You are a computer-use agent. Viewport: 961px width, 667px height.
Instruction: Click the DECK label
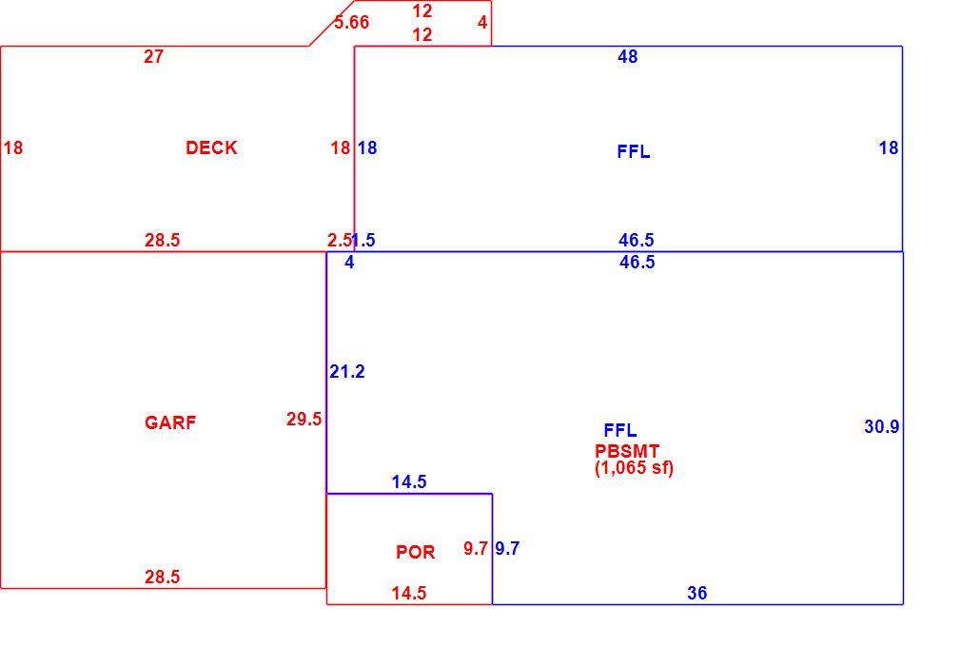[x=211, y=147]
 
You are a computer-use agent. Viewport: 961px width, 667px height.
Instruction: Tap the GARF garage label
[x=170, y=422]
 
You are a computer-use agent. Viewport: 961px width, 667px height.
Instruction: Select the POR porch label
[x=416, y=552]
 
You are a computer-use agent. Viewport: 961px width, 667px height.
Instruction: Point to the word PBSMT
[x=627, y=451]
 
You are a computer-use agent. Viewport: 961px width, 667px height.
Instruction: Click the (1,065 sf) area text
[x=635, y=468]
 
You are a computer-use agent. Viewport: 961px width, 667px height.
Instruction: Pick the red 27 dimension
[x=154, y=56]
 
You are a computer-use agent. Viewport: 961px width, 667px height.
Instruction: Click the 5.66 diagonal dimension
[x=352, y=23]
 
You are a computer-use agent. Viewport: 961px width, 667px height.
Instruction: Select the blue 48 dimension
[x=628, y=56]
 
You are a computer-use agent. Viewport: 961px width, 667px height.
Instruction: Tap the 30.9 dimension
[x=882, y=426]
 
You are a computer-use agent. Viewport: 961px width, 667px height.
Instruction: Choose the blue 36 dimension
[x=696, y=593]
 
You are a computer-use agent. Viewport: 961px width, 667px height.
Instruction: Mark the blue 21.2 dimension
[x=347, y=371]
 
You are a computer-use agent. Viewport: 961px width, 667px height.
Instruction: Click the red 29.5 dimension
[x=304, y=419]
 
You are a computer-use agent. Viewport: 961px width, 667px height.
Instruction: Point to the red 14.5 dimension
[x=409, y=593]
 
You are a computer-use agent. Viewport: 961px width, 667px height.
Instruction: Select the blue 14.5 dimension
[x=409, y=481]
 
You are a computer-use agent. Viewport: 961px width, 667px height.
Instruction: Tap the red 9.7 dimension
[x=476, y=548]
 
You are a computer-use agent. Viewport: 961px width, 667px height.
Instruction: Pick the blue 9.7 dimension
[x=507, y=548]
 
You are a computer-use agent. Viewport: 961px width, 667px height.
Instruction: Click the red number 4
[x=482, y=23]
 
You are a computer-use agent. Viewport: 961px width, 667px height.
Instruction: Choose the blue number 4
[x=349, y=263]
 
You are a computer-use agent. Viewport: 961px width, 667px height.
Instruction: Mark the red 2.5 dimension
[x=339, y=240]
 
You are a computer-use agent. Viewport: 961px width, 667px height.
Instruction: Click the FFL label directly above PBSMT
[x=620, y=430]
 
